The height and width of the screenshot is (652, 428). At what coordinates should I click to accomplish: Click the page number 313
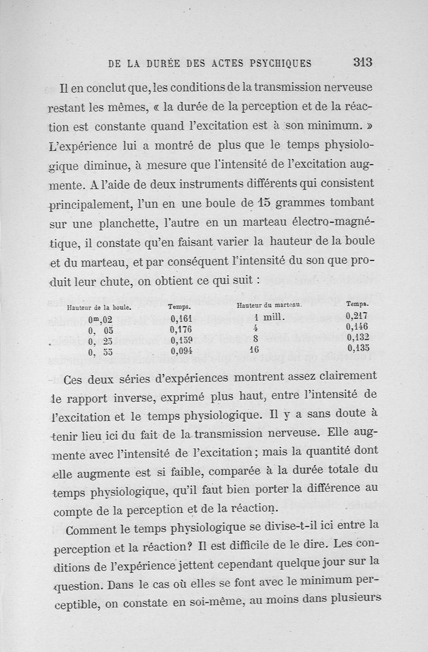(362, 62)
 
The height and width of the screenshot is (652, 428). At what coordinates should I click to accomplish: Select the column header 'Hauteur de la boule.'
(100, 308)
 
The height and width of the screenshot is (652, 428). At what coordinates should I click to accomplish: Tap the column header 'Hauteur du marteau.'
(270, 305)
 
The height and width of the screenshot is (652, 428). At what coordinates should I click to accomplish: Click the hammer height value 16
(254, 349)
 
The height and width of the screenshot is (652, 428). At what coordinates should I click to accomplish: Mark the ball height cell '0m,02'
(101, 320)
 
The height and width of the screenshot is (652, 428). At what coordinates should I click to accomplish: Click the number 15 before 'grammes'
(263, 203)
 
